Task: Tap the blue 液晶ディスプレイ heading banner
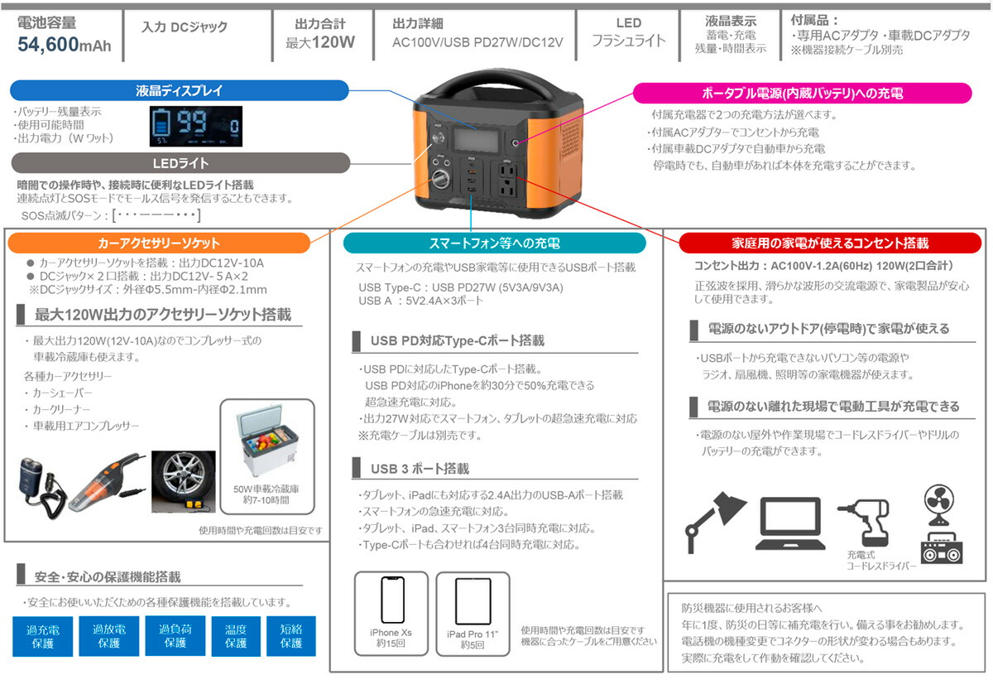coord(179,90)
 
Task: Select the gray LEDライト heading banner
coord(180,163)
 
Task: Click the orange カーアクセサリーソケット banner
coord(159,243)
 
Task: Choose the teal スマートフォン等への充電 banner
coord(494,243)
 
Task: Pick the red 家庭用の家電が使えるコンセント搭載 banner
coord(830,243)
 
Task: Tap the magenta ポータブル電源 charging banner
coord(802,91)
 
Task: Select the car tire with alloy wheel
coord(183,481)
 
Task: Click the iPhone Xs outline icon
coord(391,602)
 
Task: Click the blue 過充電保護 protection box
coord(43,636)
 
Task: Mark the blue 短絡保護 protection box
coord(291,636)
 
